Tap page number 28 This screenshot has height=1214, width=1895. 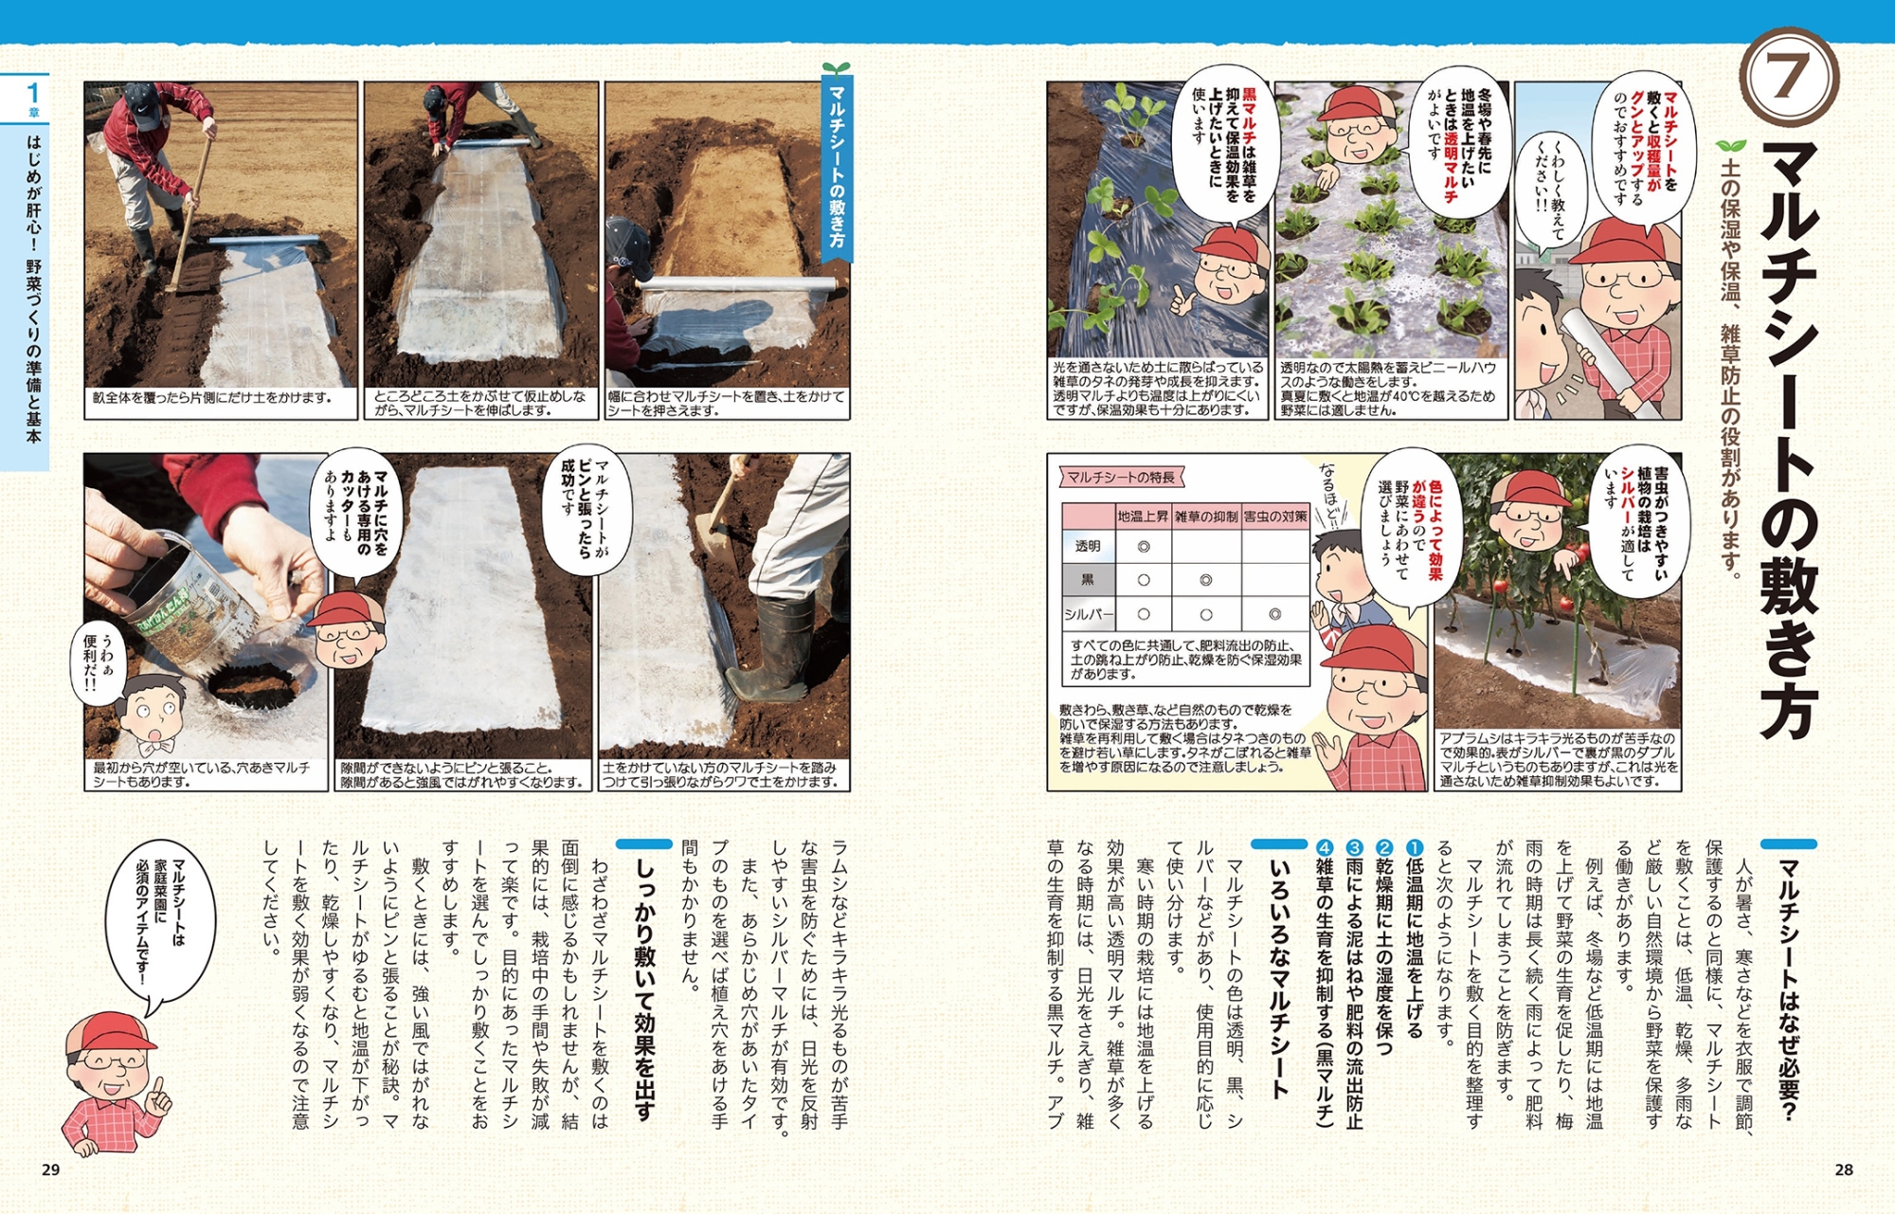click(x=1843, y=1169)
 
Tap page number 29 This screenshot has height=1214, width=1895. click(x=51, y=1169)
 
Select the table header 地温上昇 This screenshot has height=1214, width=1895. click(x=1143, y=516)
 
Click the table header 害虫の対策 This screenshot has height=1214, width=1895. click(x=1275, y=516)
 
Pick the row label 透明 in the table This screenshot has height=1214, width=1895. click(x=1088, y=547)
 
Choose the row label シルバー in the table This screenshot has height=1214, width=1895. click(x=1089, y=614)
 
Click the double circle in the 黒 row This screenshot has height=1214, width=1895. click(x=1206, y=580)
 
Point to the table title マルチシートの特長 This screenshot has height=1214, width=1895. click(x=1121, y=478)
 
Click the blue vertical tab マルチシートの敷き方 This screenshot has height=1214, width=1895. click(x=837, y=166)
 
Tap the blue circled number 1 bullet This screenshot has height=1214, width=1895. click(x=1413, y=847)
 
